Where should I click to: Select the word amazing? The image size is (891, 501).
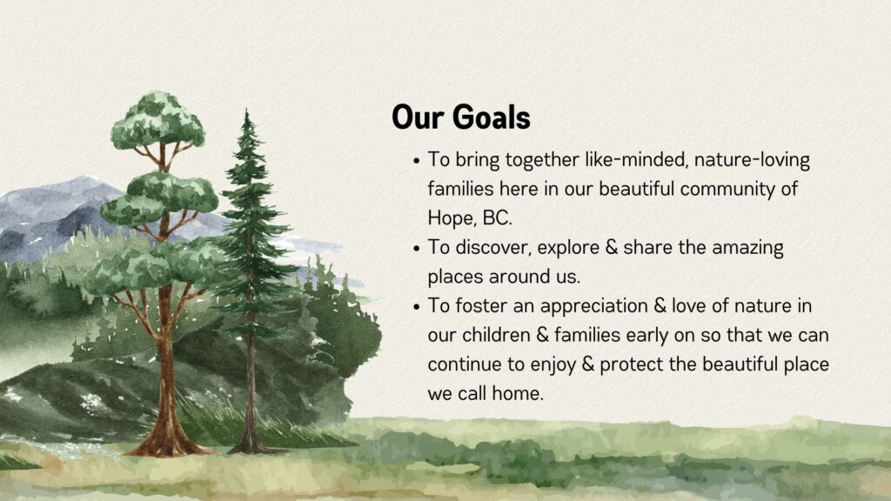coord(747,248)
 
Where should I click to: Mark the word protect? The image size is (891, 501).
coord(632,364)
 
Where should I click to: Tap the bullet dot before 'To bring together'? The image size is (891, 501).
coord(417,161)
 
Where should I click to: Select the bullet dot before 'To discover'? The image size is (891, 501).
coord(417,249)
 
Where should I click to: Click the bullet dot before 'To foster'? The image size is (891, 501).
coord(417,307)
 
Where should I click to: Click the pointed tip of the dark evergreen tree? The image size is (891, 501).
coord(246,109)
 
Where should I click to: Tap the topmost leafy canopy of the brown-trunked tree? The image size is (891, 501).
coord(158,120)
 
